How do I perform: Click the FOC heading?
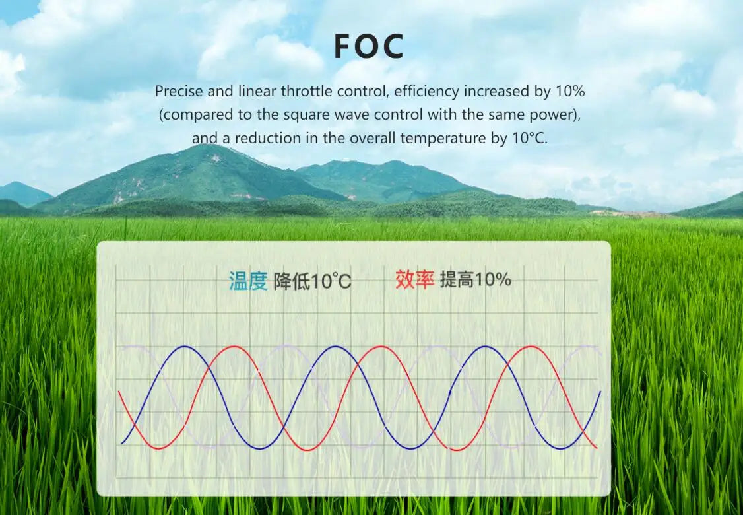point(369,46)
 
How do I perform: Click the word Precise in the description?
point(179,91)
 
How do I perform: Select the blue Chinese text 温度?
point(248,281)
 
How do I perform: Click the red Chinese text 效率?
point(414,280)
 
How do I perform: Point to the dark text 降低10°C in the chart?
point(312,282)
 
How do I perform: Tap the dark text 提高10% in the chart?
point(476,280)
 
